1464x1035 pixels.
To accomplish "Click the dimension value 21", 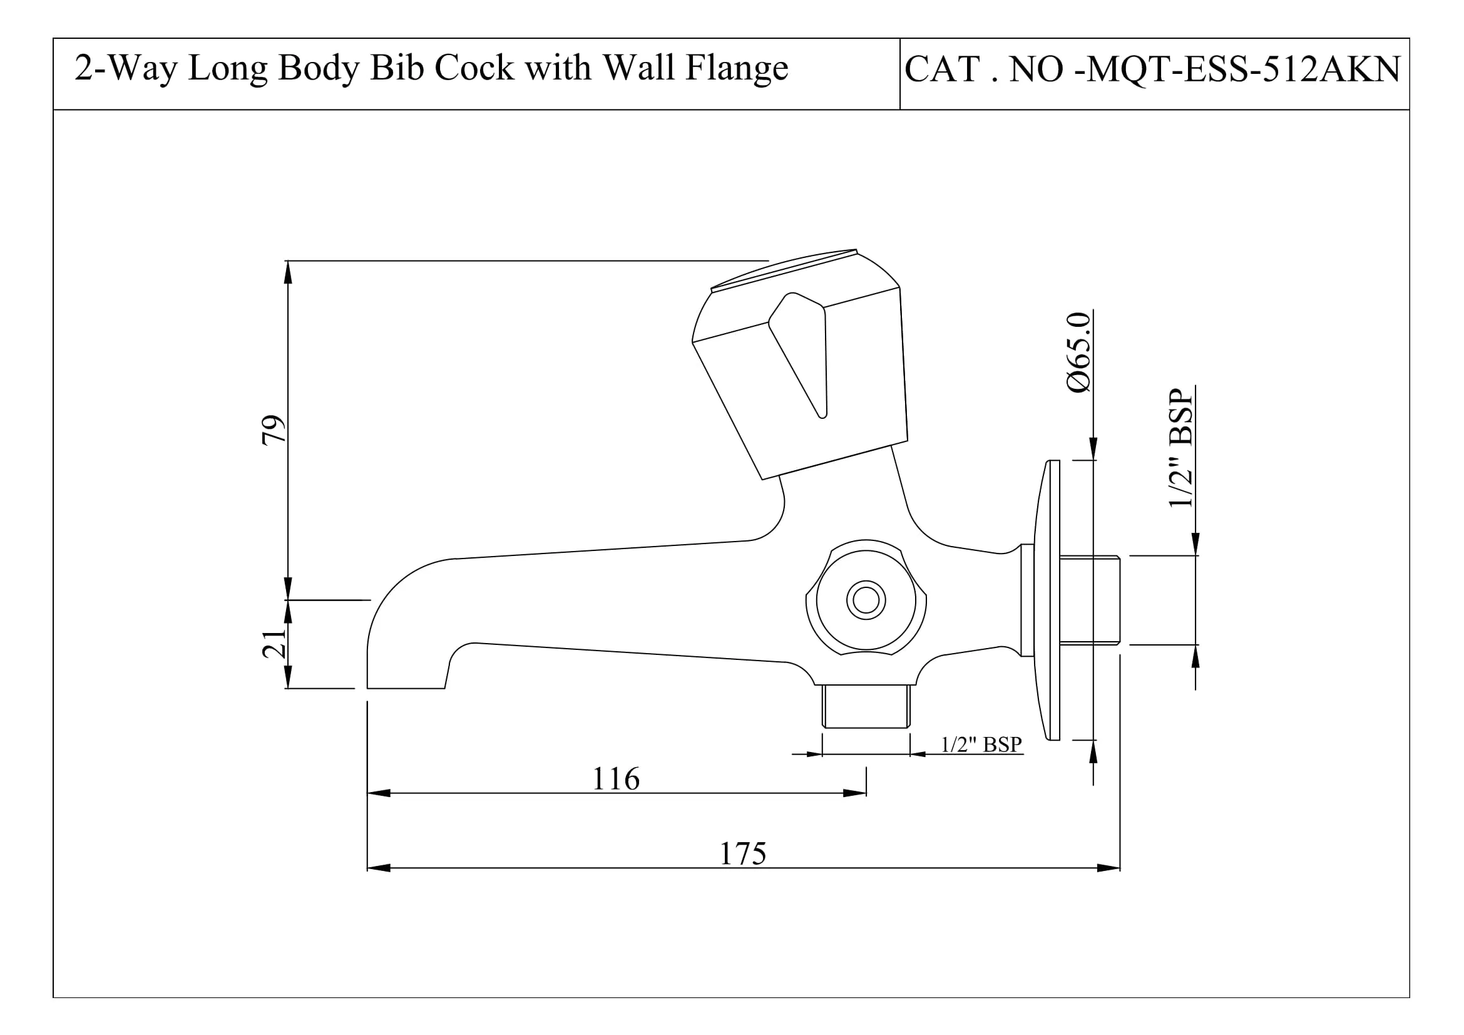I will click(274, 644).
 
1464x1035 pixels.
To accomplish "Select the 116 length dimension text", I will click(615, 779).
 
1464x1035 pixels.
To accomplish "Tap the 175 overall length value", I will click(743, 853).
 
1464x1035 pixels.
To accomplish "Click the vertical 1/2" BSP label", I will click(1181, 448).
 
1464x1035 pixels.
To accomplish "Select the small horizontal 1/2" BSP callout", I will click(981, 744).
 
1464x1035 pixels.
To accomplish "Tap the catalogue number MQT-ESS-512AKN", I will click(1243, 70).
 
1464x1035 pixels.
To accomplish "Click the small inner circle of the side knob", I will click(866, 600).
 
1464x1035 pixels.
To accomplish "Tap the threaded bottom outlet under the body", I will click(866, 706).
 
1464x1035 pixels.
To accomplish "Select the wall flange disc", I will click(1047, 600).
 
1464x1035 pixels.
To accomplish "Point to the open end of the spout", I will click(406, 687).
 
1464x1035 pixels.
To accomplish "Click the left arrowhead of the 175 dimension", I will click(378, 868).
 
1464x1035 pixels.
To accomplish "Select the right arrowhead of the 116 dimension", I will click(855, 793).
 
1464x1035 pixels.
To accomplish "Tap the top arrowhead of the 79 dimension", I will click(288, 272).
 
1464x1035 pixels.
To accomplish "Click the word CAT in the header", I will click(943, 70).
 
